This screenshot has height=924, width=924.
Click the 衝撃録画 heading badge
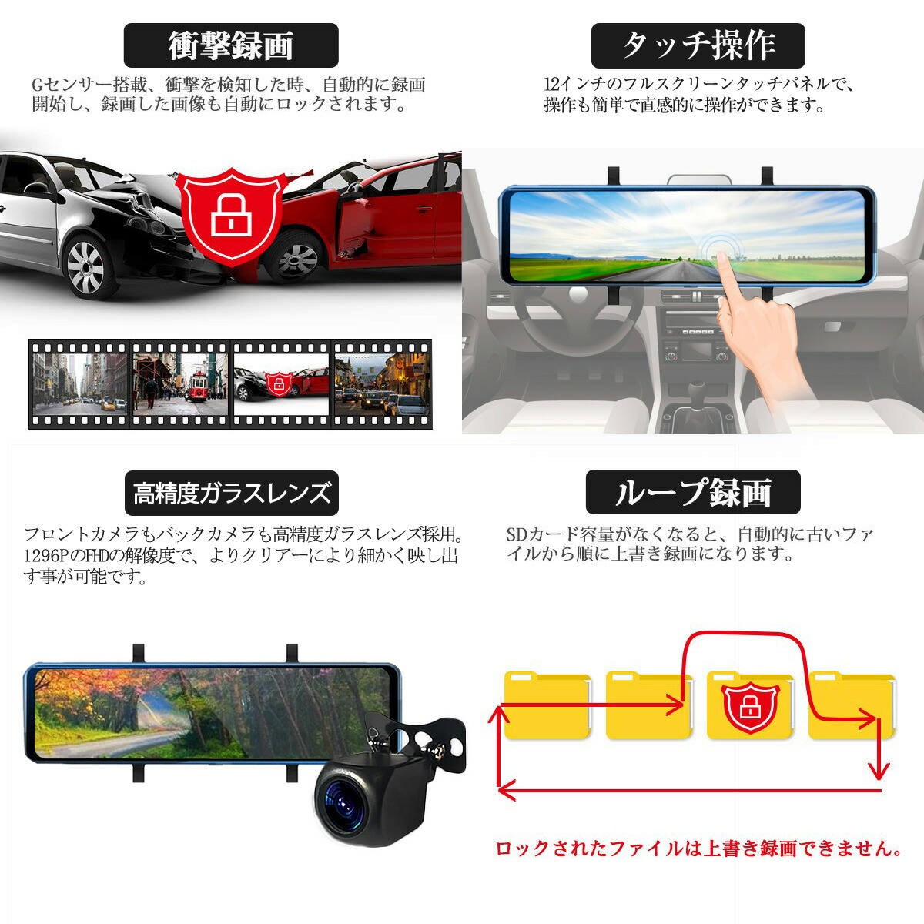pos(231,45)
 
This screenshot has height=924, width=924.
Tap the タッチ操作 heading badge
pos(698,45)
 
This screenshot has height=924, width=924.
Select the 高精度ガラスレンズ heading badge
pos(231,493)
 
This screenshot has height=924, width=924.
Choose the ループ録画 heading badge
pos(693,493)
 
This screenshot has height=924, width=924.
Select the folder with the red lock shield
pos(750,706)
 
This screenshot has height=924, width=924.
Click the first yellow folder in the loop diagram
pos(547,706)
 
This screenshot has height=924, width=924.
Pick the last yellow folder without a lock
pos(851,706)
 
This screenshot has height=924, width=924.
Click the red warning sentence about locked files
pos(698,849)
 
